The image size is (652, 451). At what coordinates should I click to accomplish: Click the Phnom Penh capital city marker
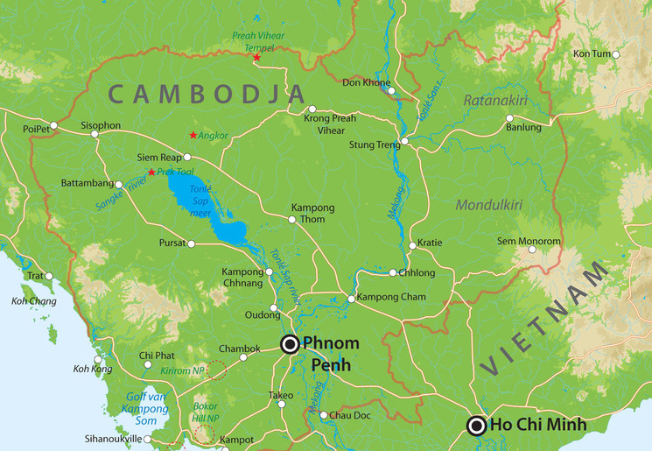(x=290, y=344)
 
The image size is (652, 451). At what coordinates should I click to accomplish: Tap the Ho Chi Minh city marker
(x=477, y=426)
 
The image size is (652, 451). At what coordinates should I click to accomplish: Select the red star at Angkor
(x=193, y=135)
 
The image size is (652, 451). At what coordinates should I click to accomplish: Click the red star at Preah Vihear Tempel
(x=256, y=58)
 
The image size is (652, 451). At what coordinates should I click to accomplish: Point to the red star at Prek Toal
(x=151, y=172)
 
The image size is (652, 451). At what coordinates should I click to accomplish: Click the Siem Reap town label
(x=158, y=157)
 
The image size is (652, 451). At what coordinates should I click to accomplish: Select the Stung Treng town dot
(x=404, y=141)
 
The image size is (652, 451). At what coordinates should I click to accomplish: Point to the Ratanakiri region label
(x=496, y=101)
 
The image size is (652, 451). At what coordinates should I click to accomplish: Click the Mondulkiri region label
(x=488, y=205)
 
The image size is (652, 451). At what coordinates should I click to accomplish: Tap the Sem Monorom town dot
(x=530, y=250)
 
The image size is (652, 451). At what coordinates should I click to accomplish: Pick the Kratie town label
(x=430, y=243)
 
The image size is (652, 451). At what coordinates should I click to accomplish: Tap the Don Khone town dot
(x=391, y=90)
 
